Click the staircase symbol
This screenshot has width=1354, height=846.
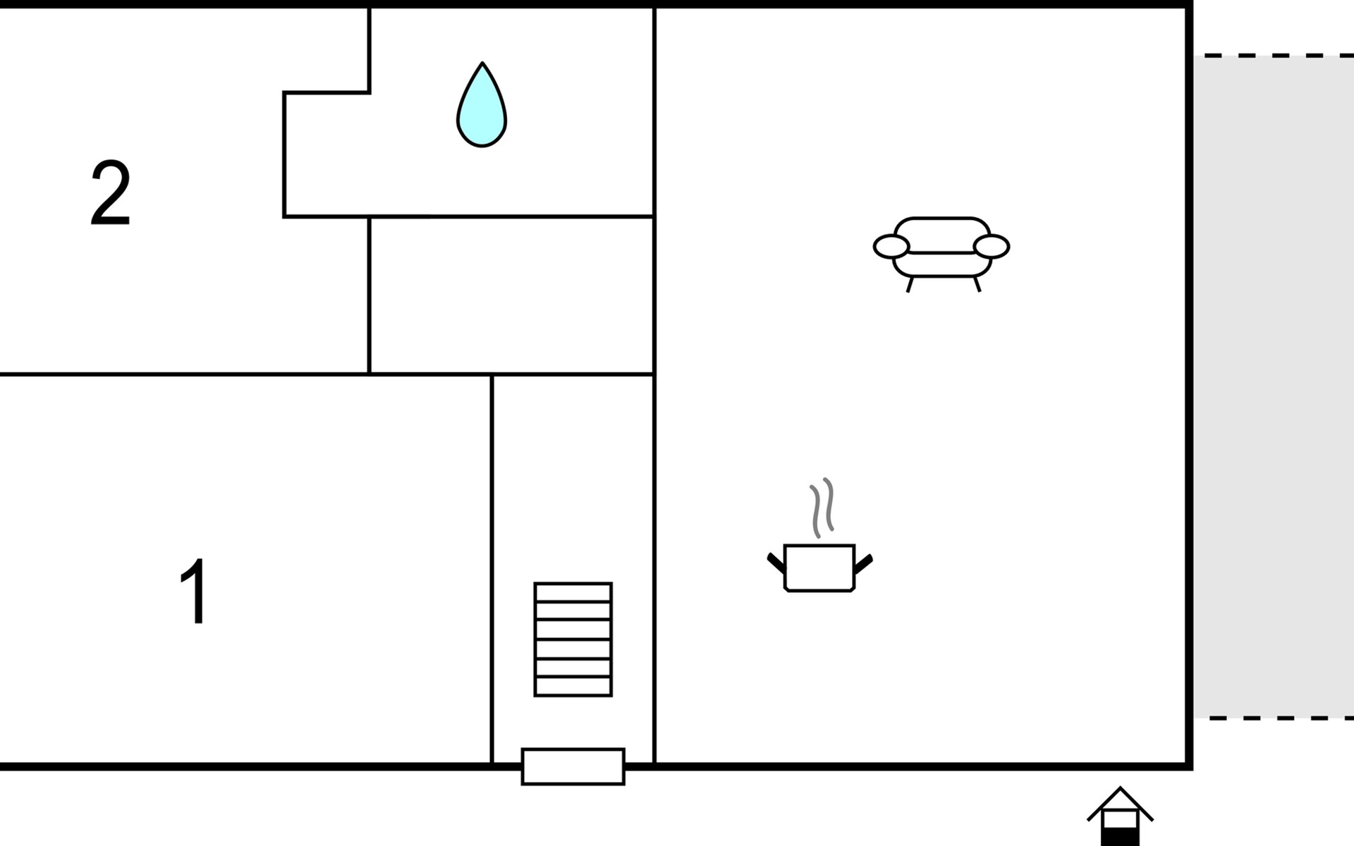573,639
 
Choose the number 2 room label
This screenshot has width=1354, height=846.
111,193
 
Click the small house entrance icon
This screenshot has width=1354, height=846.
1120,818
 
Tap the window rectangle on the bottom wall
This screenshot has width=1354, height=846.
573,766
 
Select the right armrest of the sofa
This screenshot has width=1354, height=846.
992,247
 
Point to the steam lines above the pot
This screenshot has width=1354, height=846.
822,508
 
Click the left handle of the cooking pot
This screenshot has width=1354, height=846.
776,563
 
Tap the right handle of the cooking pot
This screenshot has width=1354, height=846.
863,563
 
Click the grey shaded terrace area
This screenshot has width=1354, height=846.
1273,388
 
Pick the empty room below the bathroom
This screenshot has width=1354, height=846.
511,296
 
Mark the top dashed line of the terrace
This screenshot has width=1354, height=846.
1273,55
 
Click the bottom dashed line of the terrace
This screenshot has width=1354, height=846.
1273,718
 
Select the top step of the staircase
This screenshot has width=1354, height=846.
573,592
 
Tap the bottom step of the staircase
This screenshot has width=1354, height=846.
573,686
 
